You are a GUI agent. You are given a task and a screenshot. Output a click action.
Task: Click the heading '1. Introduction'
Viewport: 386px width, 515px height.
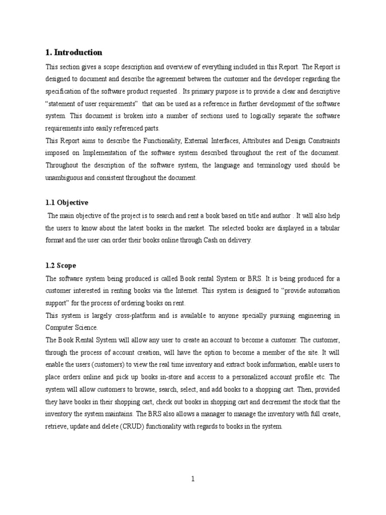[x=74, y=52]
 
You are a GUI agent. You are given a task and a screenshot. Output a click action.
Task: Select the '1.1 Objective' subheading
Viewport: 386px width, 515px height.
[x=67, y=203]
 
